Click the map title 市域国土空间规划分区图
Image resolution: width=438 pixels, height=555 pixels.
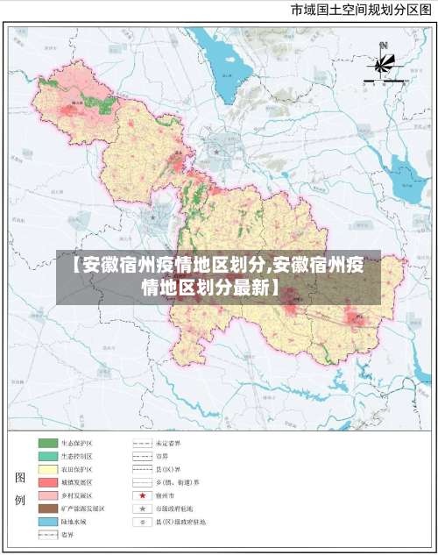click(360, 11)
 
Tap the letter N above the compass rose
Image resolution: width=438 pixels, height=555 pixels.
click(383, 46)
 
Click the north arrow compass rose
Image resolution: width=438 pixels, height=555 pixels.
click(384, 63)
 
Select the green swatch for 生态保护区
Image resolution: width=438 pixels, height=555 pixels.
click(46, 444)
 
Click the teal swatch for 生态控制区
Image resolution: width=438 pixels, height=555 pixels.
click(46, 457)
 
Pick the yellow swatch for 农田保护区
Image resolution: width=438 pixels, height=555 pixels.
click(46, 470)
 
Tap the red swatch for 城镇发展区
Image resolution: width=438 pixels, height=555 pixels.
click(46, 482)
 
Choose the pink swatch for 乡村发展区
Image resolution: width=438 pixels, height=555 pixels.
click(46, 495)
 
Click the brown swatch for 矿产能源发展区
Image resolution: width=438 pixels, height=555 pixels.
click(46, 509)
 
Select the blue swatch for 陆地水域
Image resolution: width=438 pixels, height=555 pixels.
click(46, 522)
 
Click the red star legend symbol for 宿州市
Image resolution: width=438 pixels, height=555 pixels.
click(142, 495)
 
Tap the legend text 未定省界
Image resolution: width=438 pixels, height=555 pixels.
click(168, 444)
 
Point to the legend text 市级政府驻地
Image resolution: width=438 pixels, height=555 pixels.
click(174, 509)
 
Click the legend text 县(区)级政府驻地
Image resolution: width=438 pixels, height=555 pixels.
click(180, 522)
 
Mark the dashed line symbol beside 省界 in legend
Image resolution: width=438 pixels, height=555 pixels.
click(46, 534)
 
